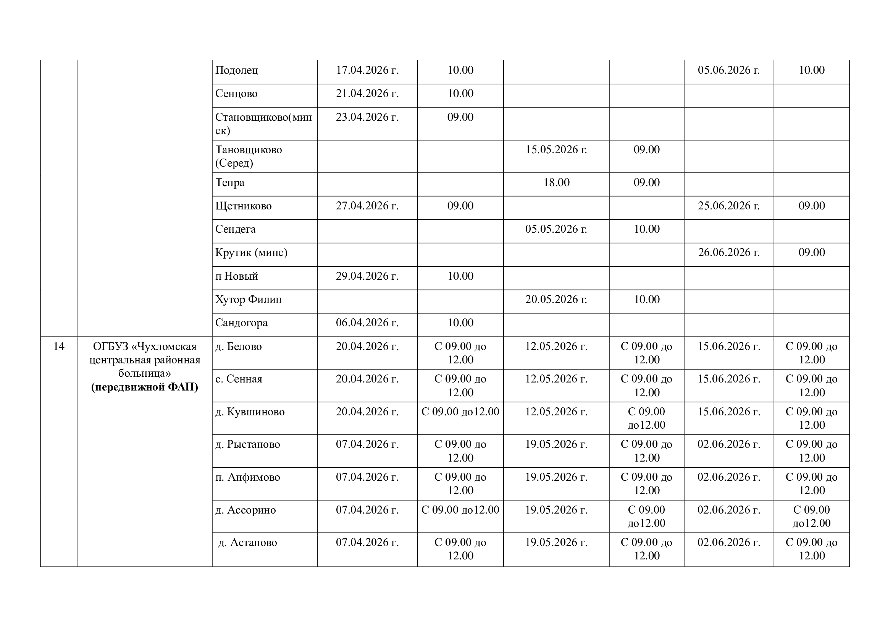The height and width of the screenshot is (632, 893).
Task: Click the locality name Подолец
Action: [x=236, y=70]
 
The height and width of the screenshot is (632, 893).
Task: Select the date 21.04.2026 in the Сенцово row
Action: [x=367, y=94]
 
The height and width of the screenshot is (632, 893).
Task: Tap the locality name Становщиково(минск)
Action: [x=263, y=123]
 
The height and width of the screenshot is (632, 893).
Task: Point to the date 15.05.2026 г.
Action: [x=556, y=150]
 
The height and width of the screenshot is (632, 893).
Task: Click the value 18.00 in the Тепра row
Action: [x=556, y=183]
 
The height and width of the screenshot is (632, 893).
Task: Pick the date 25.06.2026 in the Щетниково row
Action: [x=728, y=206]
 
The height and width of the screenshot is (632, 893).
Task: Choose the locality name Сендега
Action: [x=235, y=229]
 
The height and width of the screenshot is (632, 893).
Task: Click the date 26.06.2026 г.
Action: [x=728, y=253]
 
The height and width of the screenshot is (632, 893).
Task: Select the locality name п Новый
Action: [x=236, y=276]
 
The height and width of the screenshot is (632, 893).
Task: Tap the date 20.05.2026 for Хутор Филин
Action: [x=556, y=300]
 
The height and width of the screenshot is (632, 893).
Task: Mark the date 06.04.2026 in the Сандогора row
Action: [x=367, y=323]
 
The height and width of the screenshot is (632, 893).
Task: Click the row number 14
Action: [x=59, y=346]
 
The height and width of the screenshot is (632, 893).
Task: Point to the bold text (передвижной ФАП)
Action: [x=145, y=387]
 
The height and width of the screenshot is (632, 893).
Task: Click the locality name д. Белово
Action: [x=238, y=346]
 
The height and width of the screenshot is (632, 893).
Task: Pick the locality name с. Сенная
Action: [x=238, y=379]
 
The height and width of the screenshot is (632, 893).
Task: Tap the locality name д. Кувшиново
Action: [x=250, y=412]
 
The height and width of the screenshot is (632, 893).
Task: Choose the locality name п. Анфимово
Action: [x=247, y=477]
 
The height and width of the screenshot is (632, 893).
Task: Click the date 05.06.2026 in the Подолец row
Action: [x=728, y=70]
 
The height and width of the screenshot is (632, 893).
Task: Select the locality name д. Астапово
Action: [x=247, y=543]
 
